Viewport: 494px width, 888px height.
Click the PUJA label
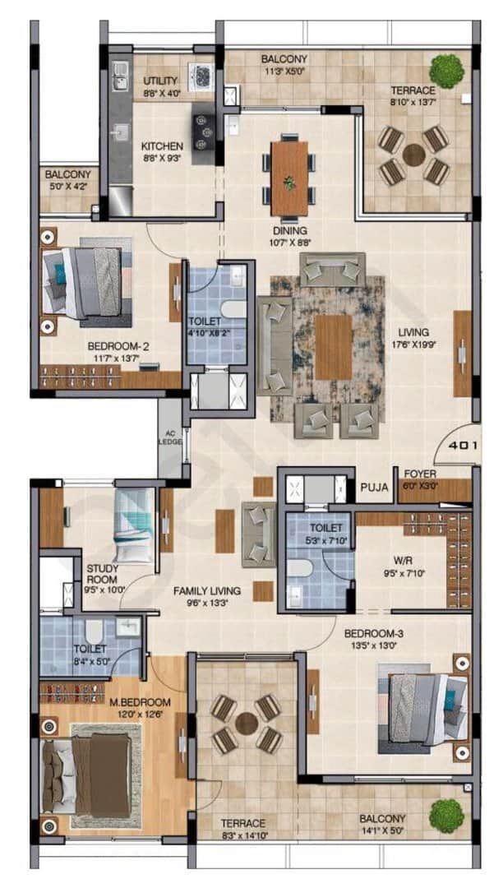(x=375, y=488)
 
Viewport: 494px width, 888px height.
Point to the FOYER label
(x=419, y=474)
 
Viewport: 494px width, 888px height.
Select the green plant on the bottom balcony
(x=446, y=814)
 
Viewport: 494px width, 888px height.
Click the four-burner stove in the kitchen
(x=204, y=127)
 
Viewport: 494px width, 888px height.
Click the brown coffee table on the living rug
(x=333, y=346)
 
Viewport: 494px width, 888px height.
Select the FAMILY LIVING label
(x=206, y=590)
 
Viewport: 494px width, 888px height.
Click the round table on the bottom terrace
(x=246, y=723)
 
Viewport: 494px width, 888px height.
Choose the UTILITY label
(x=161, y=81)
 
